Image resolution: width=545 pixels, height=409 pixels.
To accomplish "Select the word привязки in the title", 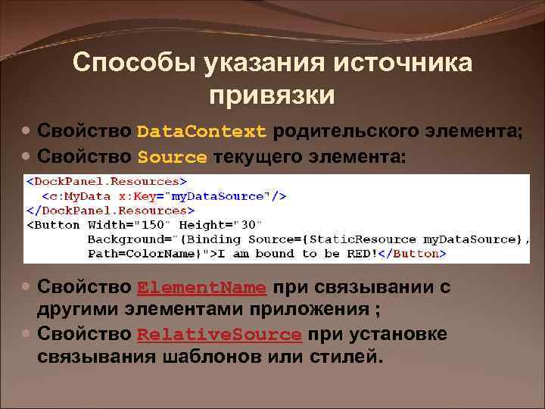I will [x=272, y=95].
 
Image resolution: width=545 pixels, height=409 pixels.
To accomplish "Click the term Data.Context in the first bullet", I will [x=202, y=131].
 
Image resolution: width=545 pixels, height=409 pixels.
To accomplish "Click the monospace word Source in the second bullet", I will [x=172, y=158].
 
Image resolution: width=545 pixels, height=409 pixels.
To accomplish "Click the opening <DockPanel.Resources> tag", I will [x=107, y=182].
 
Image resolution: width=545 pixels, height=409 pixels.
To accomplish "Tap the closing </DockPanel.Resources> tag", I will [x=111, y=210].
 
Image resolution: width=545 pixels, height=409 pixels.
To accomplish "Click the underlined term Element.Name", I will [x=202, y=288].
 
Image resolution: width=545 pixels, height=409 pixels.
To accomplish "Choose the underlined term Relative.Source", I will [x=220, y=335].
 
